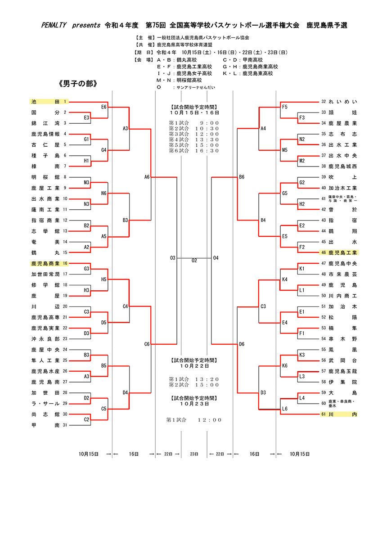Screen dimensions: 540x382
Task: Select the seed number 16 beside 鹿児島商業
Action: point(65,263)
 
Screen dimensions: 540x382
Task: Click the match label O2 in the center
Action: point(194,261)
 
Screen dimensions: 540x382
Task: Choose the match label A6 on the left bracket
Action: point(147,177)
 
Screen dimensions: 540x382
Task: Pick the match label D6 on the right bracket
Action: point(242,344)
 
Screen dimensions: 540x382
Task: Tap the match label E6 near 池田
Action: point(104,107)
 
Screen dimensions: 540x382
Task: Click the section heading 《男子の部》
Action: point(78,84)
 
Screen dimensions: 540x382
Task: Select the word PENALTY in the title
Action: point(54,26)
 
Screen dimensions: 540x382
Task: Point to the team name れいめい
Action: point(343,102)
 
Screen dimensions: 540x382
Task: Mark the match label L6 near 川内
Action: point(285,409)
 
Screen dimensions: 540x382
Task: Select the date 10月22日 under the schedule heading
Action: point(194,365)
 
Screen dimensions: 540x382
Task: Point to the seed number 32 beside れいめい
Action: point(324,102)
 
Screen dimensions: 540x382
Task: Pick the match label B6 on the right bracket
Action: point(242,177)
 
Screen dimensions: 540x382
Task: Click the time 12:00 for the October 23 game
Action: point(210,420)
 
